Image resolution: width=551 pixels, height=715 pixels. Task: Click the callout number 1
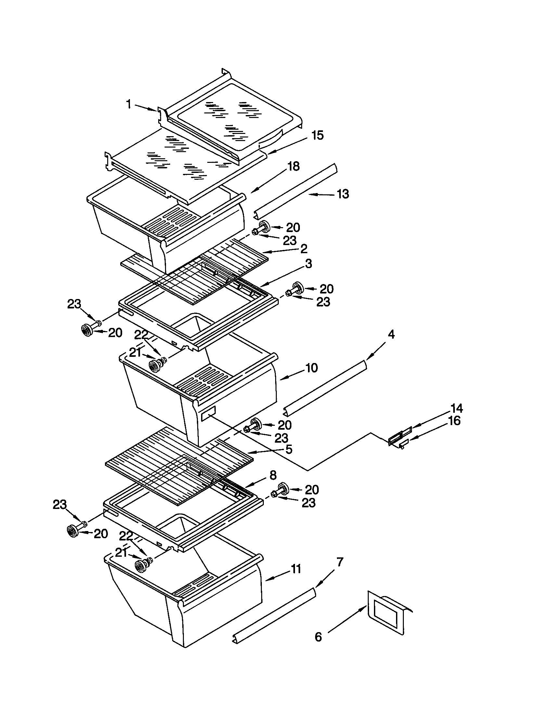129,104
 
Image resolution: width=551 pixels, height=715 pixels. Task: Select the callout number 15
317,135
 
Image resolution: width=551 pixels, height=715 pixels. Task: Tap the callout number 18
293,166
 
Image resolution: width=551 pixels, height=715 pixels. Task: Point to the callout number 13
342,194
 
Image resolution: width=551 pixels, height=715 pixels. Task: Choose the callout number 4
391,334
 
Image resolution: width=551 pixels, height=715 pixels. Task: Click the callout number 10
312,368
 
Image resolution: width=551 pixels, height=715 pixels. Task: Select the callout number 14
457,408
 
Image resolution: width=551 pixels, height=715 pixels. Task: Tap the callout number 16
454,421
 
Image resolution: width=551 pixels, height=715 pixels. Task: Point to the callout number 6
318,637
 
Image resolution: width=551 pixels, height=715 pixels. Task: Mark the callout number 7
340,562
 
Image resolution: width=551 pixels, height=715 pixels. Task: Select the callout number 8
273,475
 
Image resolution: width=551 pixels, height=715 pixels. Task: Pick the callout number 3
308,264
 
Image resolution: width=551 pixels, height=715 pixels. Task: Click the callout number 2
304,249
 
